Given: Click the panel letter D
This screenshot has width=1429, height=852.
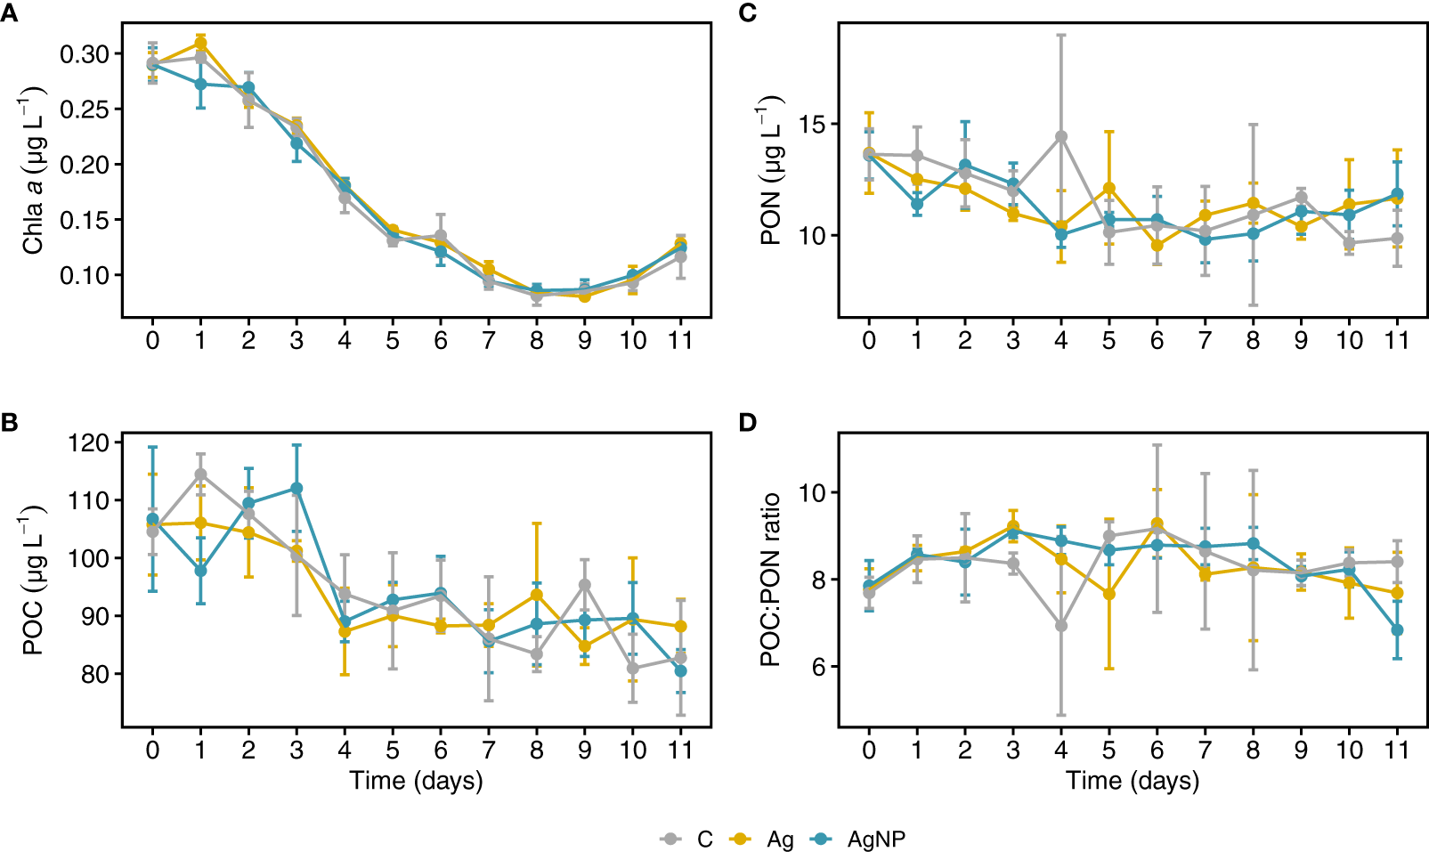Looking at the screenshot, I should (748, 421).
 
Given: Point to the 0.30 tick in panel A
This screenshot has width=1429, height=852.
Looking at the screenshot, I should (85, 54).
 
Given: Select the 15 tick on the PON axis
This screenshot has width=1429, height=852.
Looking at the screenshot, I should (811, 124).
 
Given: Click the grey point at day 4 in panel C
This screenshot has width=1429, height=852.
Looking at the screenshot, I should (1061, 137).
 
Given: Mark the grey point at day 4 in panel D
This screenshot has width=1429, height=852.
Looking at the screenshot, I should (1061, 626).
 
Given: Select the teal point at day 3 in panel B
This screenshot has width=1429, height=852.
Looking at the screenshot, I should (296, 489).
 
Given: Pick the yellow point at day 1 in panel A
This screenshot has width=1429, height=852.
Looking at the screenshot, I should (200, 43).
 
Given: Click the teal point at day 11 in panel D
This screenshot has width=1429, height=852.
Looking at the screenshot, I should (1397, 630).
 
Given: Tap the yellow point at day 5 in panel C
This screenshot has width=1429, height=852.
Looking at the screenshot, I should (1109, 188).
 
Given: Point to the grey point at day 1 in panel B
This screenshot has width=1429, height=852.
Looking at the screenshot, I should (200, 475).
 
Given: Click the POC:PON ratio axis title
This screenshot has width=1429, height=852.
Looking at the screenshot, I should (771, 579).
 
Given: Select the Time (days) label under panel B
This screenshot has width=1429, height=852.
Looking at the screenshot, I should (416, 781).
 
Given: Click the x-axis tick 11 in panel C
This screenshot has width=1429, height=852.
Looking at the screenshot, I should (1397, 340).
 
